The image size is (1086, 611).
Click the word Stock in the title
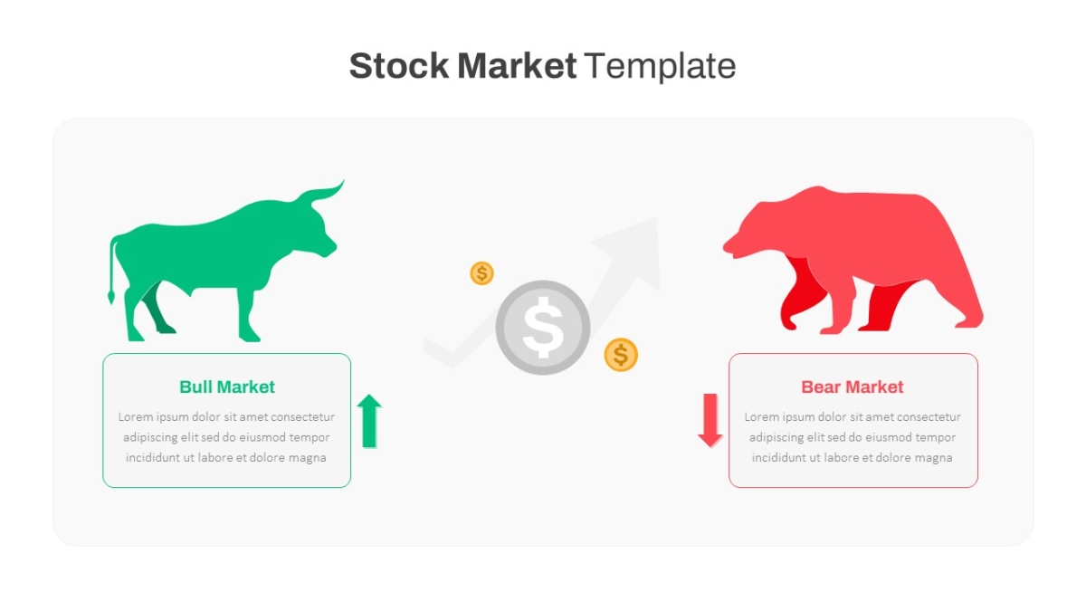(x=399, y=65)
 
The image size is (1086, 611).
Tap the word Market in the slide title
(x=517, y=65)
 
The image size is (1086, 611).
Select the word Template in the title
(x=661, y=66)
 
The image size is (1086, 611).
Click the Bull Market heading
(x=227, y=387)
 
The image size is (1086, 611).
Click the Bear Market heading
(x=853, y=387)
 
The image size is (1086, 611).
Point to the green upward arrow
(x=369, y=421)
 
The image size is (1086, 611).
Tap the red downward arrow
(x=710, y=420)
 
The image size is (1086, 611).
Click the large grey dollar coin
(x=543, y=328)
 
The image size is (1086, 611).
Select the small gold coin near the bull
(x=481, y=273)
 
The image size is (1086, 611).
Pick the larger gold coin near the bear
(x=621, y=355)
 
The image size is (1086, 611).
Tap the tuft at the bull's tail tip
(x=111, y=296)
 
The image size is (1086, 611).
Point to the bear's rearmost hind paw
(x=968, y=321)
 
